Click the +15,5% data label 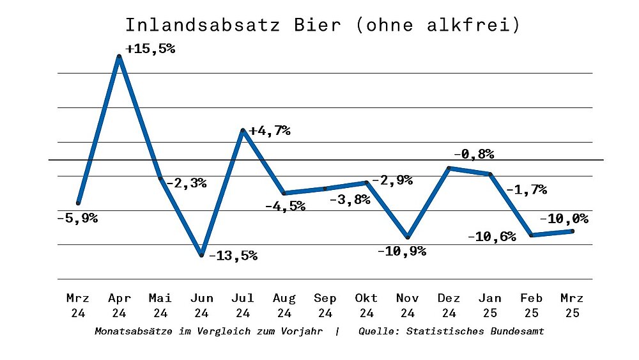(x=150, y=49)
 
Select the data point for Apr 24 (x=119, y=57)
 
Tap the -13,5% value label (x=233, y=256)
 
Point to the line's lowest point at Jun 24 (x=201, y=255)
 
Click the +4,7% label (x=270, y=131)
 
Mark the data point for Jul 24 (x=243, y=130)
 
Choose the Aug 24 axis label (x=284, y=305)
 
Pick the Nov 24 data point (x=408, y=237)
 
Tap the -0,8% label (x=473, y=154)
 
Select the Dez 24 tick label (x=449, y=305)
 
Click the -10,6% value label (x=491, y=237)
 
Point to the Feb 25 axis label (x=531, y=305)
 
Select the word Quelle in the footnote (x=379, y=331)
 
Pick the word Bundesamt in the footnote (x=518, y=331)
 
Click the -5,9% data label (x=77, y=218)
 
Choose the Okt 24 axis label (x=367, y=305)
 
